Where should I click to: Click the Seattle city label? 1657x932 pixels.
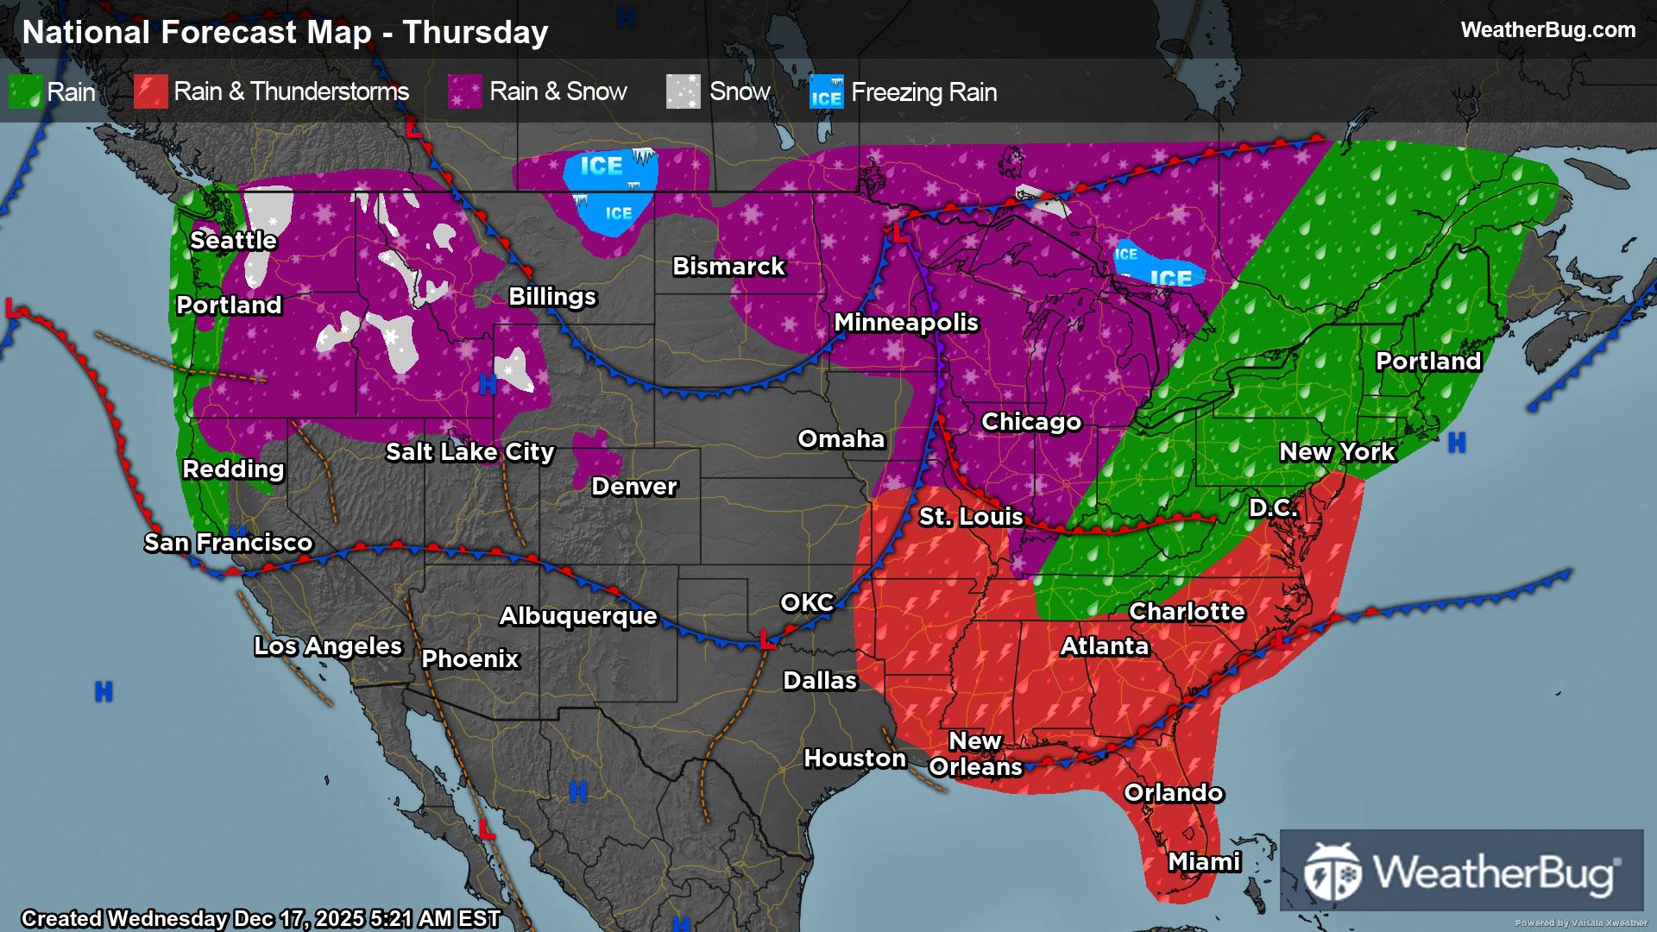pos(233,240)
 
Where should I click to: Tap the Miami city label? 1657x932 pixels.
pos(1204,861)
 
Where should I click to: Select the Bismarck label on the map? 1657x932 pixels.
pos(728,266)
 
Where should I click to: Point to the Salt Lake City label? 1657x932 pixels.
pos(469,451)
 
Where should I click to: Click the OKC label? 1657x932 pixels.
pos(807,602)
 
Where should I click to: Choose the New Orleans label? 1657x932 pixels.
pos(975,753)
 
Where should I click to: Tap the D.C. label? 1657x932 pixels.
pos(1273,507)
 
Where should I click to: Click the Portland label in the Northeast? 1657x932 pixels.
pos(1428,361)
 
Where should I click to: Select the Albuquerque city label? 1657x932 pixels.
pos(578,615)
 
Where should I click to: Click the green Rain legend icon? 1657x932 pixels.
pos(25,91)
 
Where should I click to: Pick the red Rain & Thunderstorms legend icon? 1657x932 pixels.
pos(150,91)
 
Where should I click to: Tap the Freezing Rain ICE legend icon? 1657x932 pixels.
pos(826,91)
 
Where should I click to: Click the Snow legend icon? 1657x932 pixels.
pos(683,91)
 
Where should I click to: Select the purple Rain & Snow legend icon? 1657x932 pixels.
pos(464,91)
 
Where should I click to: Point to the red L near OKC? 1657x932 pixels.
pos(765,639)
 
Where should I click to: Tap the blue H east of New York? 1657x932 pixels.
pos(1457,443)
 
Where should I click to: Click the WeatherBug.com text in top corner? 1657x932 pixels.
pos(1547,30)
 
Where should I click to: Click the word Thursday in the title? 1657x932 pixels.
pos(476,32)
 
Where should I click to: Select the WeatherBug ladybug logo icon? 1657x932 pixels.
pos(1333,871)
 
